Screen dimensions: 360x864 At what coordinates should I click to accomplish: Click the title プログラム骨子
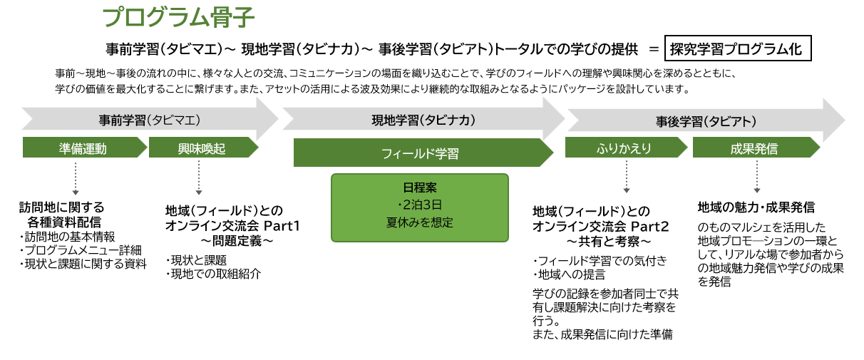coord(178,17)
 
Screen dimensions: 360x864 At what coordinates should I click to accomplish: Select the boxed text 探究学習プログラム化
coord(737,50)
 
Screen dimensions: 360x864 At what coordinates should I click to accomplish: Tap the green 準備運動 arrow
coord(83,148)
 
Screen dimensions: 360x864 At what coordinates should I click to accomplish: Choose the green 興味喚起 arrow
coord(202,148)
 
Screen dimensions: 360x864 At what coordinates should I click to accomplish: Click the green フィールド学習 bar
coord(420,153)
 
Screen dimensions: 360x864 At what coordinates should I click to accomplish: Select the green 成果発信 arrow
coord(754,148)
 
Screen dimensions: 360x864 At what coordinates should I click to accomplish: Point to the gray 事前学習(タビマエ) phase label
coord(149,120)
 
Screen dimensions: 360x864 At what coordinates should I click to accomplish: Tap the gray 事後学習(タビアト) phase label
coord(705,121)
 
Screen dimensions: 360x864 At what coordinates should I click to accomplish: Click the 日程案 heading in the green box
coord(419,190)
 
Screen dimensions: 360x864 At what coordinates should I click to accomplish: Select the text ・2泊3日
coord(419,205)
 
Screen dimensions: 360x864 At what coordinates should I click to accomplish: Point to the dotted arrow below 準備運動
coord(76,178)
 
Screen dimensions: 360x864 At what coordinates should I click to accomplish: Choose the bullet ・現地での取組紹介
coord(213,272)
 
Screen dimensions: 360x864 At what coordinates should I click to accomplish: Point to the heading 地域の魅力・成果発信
coord(756,208)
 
